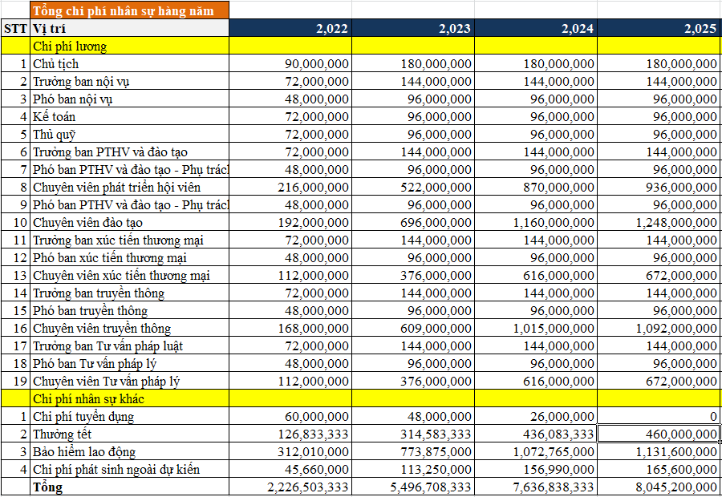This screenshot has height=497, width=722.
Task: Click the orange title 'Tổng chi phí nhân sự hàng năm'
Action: (x=124, y=10)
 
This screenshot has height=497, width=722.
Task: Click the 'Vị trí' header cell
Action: (x=49, y=29)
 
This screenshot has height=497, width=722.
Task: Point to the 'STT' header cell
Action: (x=15, y=29)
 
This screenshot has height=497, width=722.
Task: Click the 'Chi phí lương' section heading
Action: (x=70, y=46)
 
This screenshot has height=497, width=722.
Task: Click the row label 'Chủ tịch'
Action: (x=56, y=64)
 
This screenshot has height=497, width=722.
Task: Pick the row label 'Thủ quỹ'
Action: (x=54, y=135)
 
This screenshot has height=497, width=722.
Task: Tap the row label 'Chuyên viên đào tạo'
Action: (x=88, y=222)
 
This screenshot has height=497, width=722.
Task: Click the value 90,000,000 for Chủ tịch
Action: (x=317, y=64)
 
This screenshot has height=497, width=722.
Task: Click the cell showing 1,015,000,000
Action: (x=554, y=328)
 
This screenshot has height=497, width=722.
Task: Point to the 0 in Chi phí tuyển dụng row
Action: (x=713, y=417)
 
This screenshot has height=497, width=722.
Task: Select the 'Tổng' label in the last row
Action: (x=47, y=487)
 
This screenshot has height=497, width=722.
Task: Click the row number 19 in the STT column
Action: (x=21, y=381)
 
